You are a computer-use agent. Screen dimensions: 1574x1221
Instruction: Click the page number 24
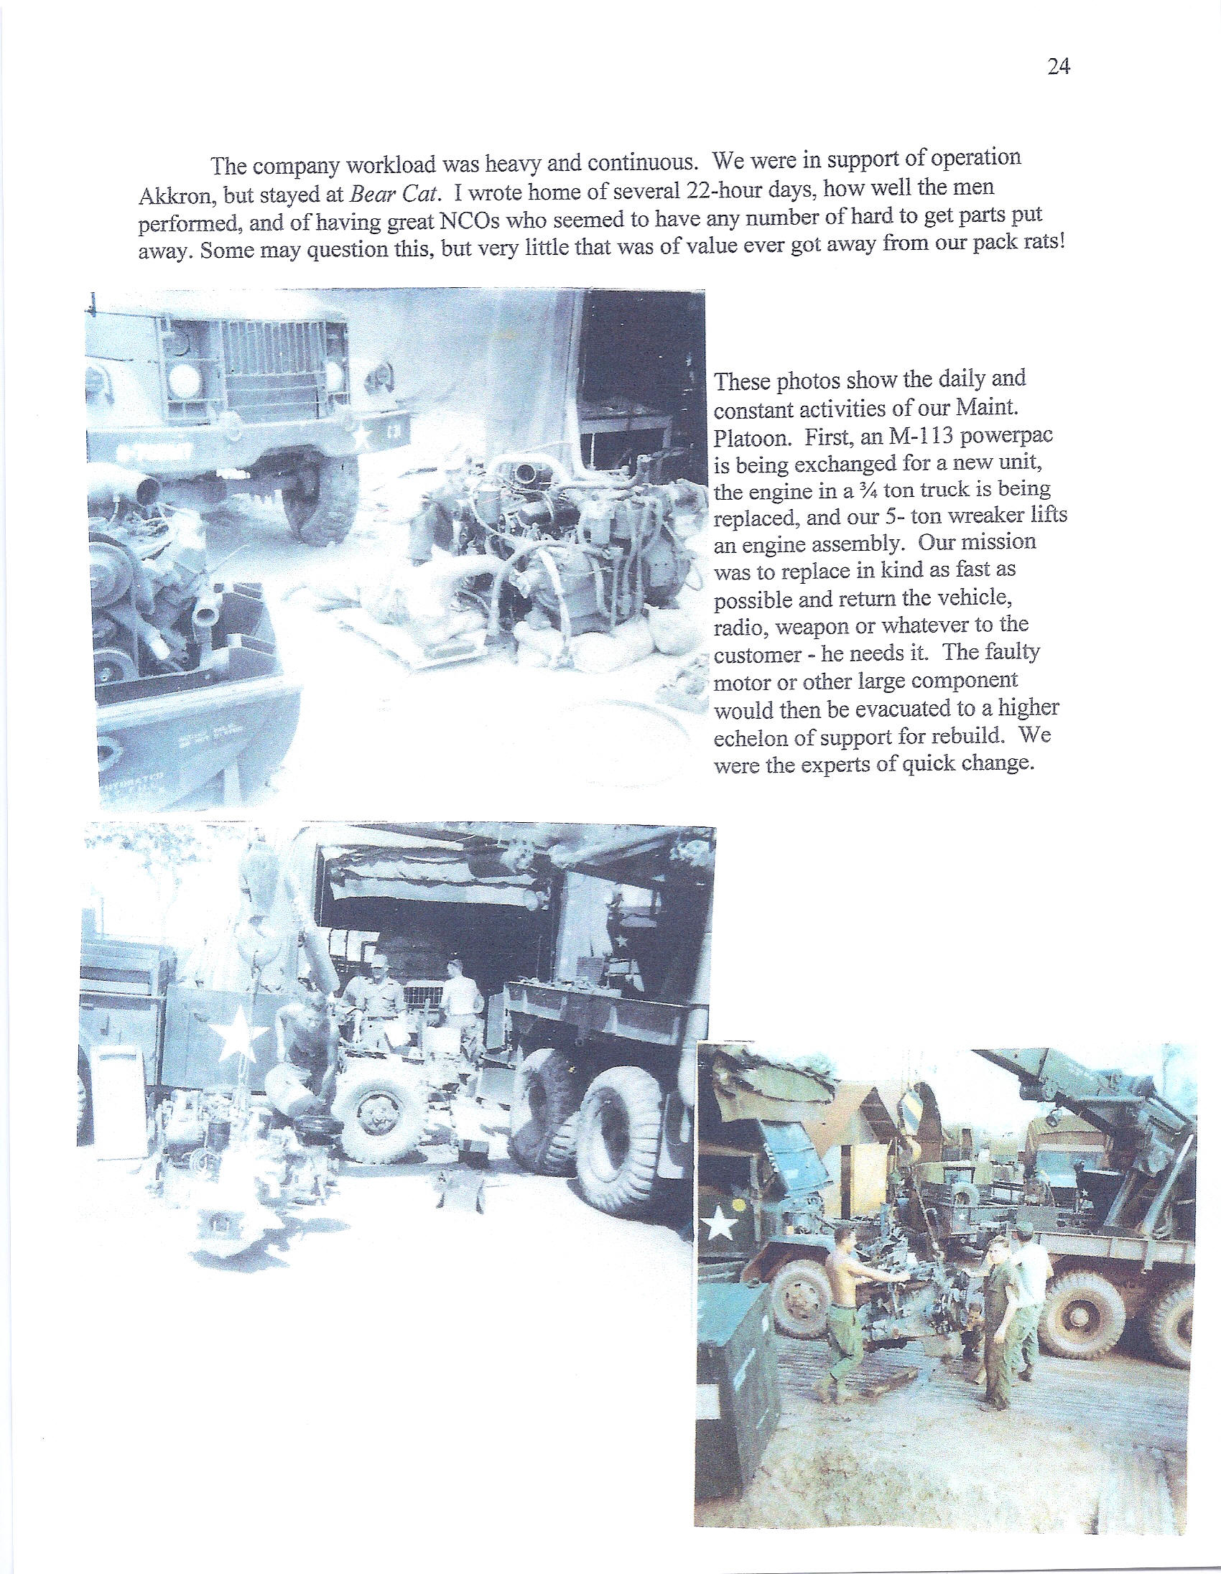[x=1057, y=67]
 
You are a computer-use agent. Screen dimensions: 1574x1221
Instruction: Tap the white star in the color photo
[x=718, y=1224]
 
